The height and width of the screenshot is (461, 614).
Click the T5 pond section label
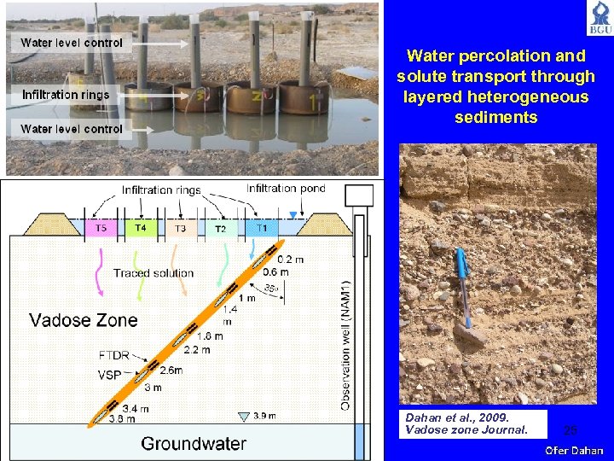click(x=101, y=228)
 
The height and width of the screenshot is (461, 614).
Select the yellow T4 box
click(x=141, y=228)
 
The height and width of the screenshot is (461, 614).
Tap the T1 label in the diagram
click(x=261, y=228)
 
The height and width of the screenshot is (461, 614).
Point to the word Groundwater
click(x=194, y=443)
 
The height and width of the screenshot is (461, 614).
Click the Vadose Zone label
click(x=84, y=321)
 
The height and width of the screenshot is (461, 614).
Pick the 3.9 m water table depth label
click(x=264, y=416)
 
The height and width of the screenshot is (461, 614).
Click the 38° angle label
click(x=271, y=287)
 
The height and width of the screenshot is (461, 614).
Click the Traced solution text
click(x=153, y=273)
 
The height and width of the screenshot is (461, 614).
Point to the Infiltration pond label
click(x=286, y=189)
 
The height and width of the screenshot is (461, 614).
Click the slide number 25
click(x=571, y=430)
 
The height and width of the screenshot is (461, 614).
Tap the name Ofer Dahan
click(x=575, y=451)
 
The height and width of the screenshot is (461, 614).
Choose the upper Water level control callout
click(x=72, y=43)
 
